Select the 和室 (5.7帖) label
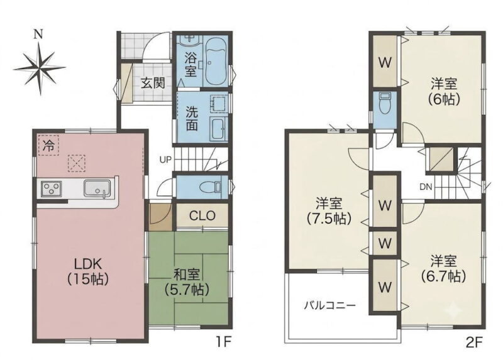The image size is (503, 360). pos(187,282)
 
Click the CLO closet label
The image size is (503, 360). pos(202,215)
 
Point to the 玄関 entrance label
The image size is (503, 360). pos(153,83)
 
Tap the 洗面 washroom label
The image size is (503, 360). pos(192,118)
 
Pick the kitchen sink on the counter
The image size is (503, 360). pos(97,188)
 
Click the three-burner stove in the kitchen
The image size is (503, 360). pos(52,189)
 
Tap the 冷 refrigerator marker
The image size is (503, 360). pos(49,146)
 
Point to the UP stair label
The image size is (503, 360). pos(165,160)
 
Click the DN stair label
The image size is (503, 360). pos(426,187)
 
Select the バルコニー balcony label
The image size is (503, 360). pos(329,305)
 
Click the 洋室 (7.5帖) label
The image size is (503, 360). pos(329,211)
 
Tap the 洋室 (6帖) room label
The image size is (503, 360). pos(444,92)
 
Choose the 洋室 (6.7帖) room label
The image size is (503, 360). pos(444,268)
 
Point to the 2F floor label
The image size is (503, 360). pos(474,342)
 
